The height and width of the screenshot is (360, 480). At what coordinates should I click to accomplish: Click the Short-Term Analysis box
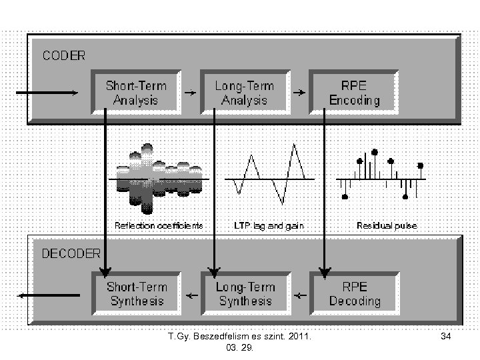click(136, 93)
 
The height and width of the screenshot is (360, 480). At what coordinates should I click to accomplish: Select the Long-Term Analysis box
click(245, 93)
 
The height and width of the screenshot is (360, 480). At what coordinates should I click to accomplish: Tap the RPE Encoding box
click(354, 93)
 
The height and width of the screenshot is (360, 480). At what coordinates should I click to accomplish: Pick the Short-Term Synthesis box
click(136, 293)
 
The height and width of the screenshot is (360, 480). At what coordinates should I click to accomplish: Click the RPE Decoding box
click(355, 293)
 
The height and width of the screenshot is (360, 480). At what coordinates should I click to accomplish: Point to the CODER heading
click(64, 56)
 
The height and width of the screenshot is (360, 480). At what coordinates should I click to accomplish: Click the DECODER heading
click(71, 253)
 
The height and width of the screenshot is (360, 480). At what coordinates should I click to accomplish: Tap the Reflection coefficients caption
click(159, 225)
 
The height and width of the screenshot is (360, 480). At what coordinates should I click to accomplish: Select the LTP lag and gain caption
click(269, 225)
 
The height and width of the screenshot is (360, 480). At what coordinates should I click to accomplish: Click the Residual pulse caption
click(387, 225)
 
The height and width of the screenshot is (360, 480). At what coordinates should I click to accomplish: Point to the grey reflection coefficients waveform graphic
click(159, 179)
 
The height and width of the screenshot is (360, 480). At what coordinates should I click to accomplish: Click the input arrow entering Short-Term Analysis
click(47, 93)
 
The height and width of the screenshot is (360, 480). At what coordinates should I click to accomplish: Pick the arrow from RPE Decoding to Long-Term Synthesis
click(300, 294)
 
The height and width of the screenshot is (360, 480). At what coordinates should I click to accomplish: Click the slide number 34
click(446, 337)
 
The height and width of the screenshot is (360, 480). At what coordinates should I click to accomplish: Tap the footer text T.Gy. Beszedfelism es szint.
click(243, 337)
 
